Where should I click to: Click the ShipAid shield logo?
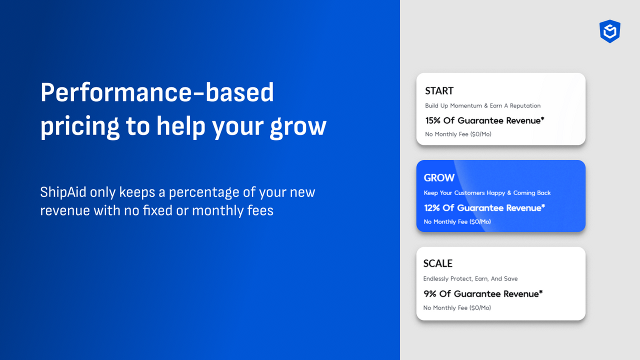coord(610,31)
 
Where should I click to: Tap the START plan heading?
coord(439,90)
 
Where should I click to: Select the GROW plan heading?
coord(439,177)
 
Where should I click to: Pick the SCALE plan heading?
coord(437,263)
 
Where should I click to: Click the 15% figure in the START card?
coord(433,120)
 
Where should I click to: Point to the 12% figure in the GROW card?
coord(432,207)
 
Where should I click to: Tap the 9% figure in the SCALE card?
coord(430,293)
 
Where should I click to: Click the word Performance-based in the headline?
coord(157,92)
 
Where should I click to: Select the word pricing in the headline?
coord(79,126)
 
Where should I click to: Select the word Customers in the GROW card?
coord(470,192)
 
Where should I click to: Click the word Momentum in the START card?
coord(466,105)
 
